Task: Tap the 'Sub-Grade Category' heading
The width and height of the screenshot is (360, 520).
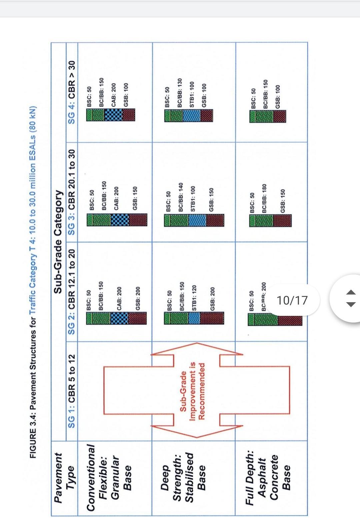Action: [x=58, y=241]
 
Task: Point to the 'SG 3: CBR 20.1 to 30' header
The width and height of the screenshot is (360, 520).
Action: [x=72, y=191]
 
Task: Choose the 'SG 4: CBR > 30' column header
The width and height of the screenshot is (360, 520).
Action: [x=72, y=92]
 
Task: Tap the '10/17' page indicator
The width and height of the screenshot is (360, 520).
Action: [x=292, y=300]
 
